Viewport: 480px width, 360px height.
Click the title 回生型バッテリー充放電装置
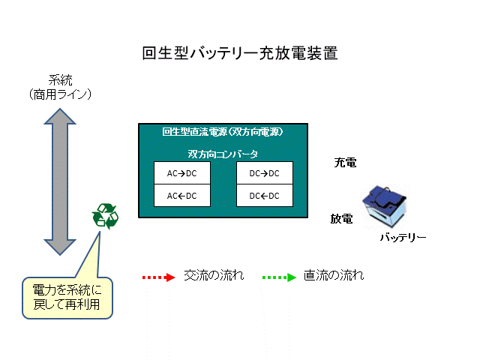239,53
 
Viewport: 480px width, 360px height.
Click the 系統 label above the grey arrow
59,80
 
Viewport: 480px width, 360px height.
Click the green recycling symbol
105,217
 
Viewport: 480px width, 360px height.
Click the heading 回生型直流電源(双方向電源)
223,133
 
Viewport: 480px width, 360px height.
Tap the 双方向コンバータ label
223,154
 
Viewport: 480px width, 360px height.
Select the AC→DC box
181,173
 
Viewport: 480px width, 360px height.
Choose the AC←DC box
181,196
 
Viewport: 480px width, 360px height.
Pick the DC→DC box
264,173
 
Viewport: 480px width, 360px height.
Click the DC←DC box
264,196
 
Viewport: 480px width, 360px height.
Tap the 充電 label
345,161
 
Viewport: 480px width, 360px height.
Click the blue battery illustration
388,208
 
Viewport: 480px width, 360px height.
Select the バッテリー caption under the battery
402,238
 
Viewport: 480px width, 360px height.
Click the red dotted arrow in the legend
157,277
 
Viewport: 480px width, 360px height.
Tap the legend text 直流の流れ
334,275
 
